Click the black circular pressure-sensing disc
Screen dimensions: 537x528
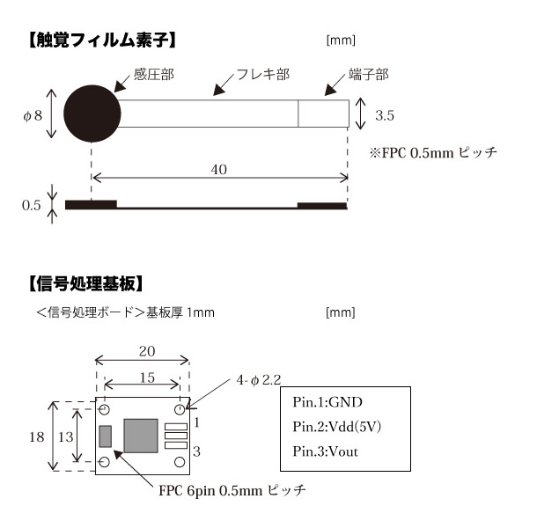92,114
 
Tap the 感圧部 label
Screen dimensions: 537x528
154,74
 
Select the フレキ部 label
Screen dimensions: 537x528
263,74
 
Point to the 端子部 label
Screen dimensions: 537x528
369,74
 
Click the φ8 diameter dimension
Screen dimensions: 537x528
33,116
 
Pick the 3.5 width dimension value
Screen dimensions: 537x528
385,115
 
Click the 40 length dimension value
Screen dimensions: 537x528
219,170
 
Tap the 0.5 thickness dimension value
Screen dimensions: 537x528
31,205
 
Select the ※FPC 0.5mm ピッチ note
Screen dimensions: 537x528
433,152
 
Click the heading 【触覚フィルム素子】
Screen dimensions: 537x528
102,40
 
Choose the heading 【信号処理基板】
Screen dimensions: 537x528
85,283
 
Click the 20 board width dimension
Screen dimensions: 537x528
147,351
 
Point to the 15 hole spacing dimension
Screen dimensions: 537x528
147,378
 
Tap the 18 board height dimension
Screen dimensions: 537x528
36,436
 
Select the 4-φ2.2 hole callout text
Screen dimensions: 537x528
259,380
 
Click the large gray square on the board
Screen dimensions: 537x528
141,436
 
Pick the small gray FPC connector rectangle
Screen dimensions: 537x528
106,436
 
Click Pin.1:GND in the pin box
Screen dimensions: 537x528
327,402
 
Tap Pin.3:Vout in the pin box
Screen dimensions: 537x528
326,451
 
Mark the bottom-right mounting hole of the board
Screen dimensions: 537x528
180,462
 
